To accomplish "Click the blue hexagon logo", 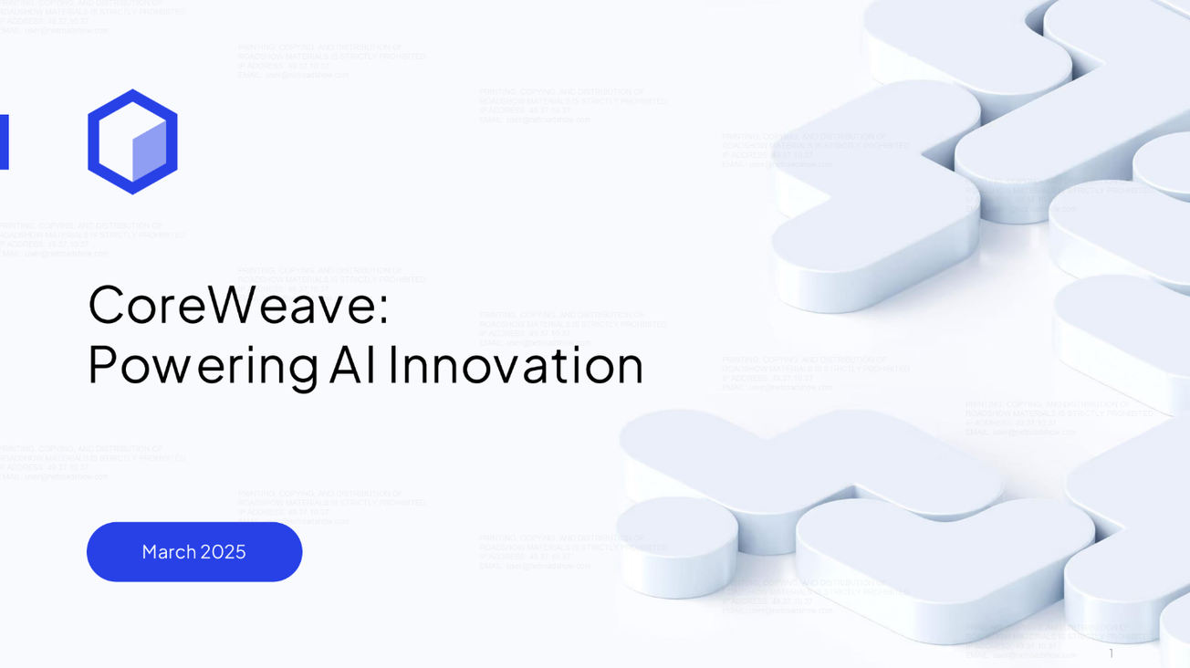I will tap(132, 141).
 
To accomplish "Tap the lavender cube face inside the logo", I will tap(149, 151).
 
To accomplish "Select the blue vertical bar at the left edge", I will tap(4, 141).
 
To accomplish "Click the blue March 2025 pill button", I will tap(194, 552).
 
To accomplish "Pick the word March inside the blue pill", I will tap(169, 552).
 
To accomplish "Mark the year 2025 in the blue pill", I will tap(224, 552).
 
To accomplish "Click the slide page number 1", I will tap(1111, 653).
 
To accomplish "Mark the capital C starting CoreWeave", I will tap(106, 305).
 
